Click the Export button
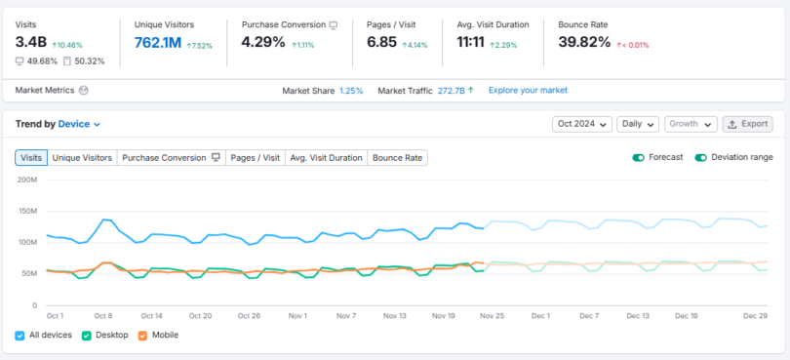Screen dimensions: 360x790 (x=748, y=124)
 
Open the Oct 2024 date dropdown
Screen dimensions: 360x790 (x=582, y=124)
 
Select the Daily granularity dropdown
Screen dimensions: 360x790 (x=638, y=124)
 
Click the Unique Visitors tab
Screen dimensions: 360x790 (x=82, y=157)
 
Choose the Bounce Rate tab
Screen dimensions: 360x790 (x=397, y=157)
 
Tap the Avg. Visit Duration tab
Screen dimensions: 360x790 (x=326, y=157)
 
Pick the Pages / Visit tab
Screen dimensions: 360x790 (x=254, y=157)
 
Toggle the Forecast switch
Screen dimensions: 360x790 (x=639, y=157)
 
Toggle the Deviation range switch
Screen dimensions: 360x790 (x=701, y=157)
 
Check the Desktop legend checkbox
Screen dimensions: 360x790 (x=87, y=335)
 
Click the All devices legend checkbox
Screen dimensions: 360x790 (x=20, y=335)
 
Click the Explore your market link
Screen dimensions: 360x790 (x=528, y=91)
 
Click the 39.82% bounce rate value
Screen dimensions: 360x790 (x=584, y=42)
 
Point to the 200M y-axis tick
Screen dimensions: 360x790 (x=27, y=180)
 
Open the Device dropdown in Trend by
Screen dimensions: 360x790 (x=79, y=124)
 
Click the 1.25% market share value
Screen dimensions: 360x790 (x=351, y=91)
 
